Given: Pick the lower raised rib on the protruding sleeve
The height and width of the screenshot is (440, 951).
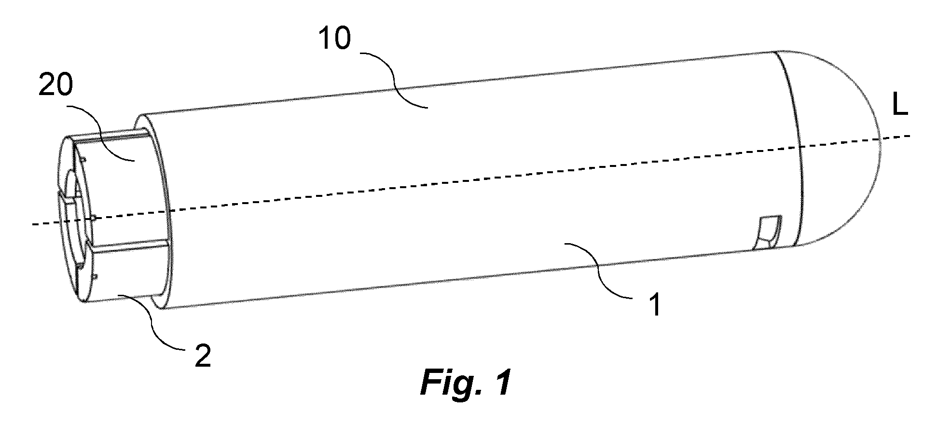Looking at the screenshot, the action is pos(130,247).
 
